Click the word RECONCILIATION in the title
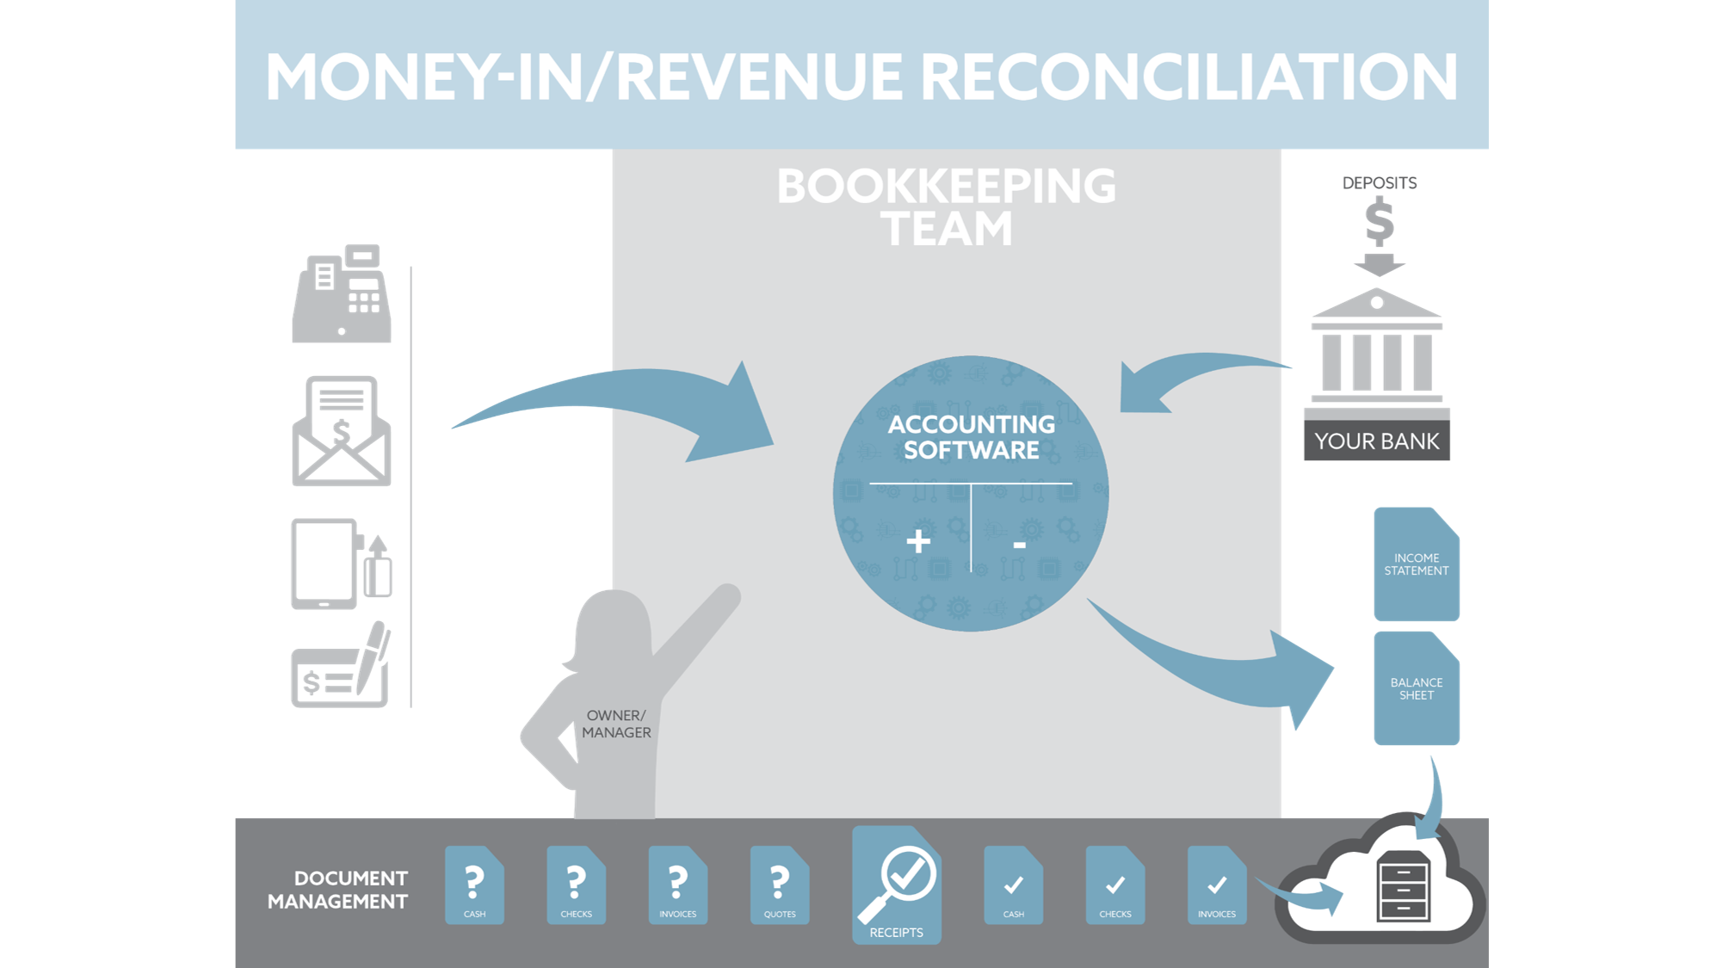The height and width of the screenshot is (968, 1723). pos(1189,77)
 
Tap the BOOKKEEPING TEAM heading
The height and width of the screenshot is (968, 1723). pos(946,207)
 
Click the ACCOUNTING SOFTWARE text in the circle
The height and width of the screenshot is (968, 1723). pos(971,437)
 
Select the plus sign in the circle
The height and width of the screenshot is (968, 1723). pos(918,541)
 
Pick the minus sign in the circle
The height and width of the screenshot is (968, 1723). pos(1019,545)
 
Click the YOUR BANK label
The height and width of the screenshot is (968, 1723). pos(1375,441)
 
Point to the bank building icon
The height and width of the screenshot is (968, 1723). pos(1375,348)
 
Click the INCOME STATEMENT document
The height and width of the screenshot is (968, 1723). pos(1416,564)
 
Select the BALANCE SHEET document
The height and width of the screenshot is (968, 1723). pos(1416,688)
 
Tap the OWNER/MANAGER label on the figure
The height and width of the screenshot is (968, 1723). pos(615,724)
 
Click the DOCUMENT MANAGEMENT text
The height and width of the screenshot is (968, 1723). pos(337,890)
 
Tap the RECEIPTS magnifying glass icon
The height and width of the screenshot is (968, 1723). pos(897,882)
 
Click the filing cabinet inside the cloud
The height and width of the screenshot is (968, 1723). pos(1403,887)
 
